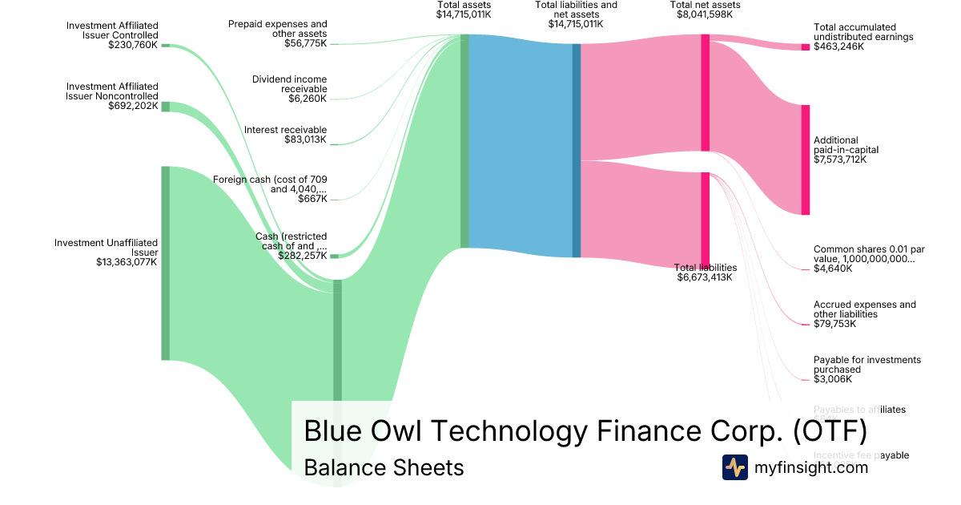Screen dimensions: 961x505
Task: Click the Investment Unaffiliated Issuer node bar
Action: (x=166, y=263)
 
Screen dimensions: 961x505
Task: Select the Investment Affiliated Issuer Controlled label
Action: (x=112, y=30)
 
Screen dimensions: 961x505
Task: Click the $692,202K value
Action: (x=133, y=106)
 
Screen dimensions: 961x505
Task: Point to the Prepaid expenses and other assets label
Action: (x=278, y=29)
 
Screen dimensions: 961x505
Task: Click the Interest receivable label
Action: (x=285, y=130)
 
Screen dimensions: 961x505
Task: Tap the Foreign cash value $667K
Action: (x=312, y=199)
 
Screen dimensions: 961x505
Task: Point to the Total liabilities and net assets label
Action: (x=576, y=10)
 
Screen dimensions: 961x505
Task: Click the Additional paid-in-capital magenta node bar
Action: (x=805, y=160)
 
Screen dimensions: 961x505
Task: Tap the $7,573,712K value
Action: (x=839, y=160)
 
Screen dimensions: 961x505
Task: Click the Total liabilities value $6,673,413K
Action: (x=705, y=278)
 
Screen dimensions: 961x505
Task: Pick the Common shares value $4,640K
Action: (x=833, y=269)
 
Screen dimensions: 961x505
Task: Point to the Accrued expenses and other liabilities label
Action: (x=864, y=309)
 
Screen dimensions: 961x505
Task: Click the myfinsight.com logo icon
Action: (x=734, y=467)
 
